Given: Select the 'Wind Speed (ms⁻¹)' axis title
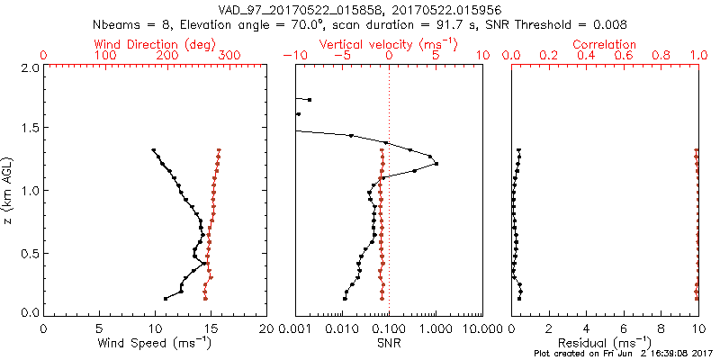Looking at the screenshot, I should click(155, 343).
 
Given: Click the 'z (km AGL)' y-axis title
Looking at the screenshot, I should click(9, 189).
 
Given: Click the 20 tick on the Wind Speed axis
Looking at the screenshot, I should click(266, 328).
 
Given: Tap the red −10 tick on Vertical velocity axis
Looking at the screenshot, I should click(292, 56).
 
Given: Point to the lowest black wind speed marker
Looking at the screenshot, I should click(166, 298).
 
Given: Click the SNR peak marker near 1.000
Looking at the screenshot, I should click(436, 164).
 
